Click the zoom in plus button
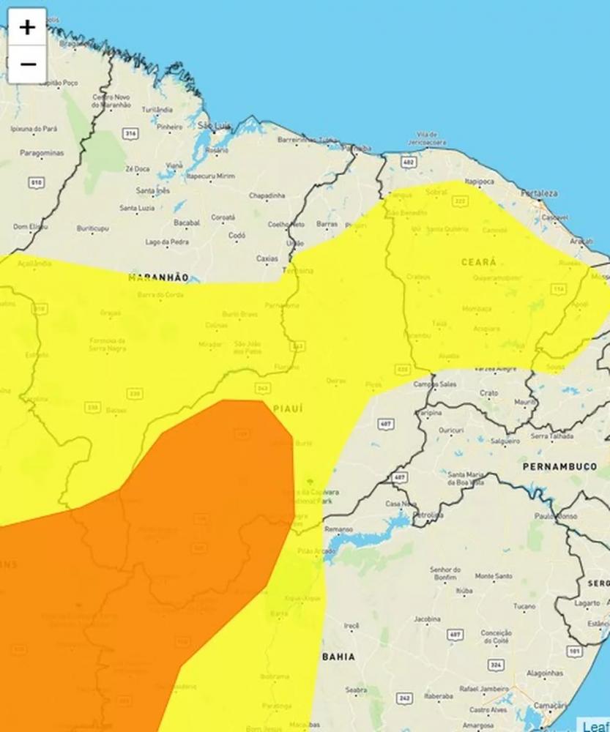27,28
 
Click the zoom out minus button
27,64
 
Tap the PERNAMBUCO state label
559,466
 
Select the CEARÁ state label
478,261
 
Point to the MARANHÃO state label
158,278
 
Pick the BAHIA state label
338,657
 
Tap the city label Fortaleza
539,193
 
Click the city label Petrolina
428,515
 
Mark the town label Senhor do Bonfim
445,573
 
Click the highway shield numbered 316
130,133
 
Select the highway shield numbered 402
409,162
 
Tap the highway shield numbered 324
496,664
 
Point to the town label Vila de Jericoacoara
431,138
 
